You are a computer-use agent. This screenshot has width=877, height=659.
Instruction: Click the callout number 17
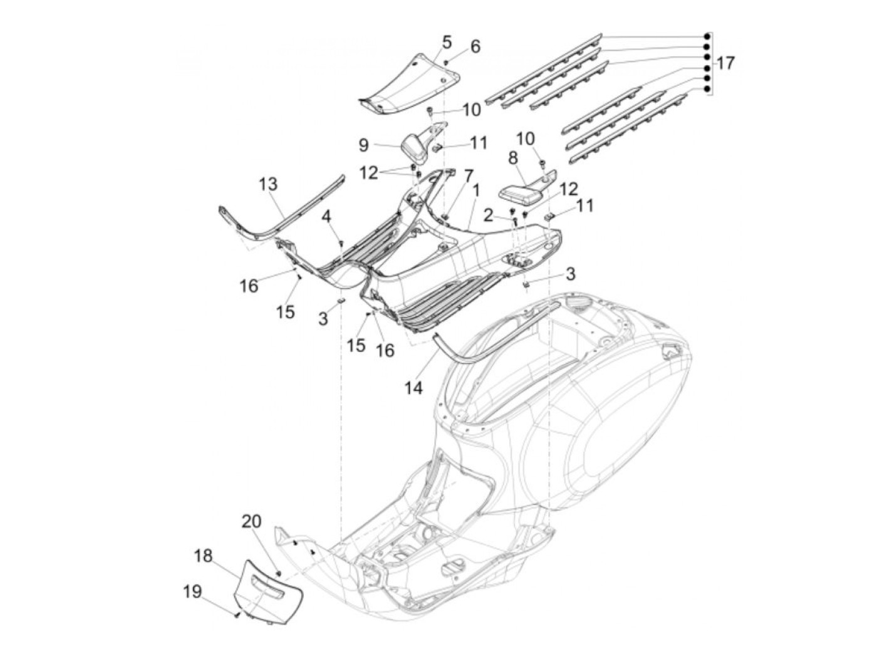(x=725, y=63)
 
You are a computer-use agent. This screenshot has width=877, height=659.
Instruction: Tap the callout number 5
(x=446, y=42)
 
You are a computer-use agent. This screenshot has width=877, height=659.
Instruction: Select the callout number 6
(x=475, y=46)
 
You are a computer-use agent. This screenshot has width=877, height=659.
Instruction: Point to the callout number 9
(x=363, y=145)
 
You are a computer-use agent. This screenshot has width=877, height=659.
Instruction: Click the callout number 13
(x=268, y=185)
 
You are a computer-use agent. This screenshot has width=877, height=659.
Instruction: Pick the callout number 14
(x=413, y=388)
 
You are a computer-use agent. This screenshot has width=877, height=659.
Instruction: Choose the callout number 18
(x=204, y=556)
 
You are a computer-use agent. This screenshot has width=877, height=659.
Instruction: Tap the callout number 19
(x=192, y=591)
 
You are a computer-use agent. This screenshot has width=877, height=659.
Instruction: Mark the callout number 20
(x=252, y=521)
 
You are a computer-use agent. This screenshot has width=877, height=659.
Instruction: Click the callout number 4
(x=326, y=217)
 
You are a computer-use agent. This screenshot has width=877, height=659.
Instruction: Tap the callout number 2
(x=489, y=216)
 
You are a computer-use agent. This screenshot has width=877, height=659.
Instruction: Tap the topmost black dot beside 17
(x=707, y=36)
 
